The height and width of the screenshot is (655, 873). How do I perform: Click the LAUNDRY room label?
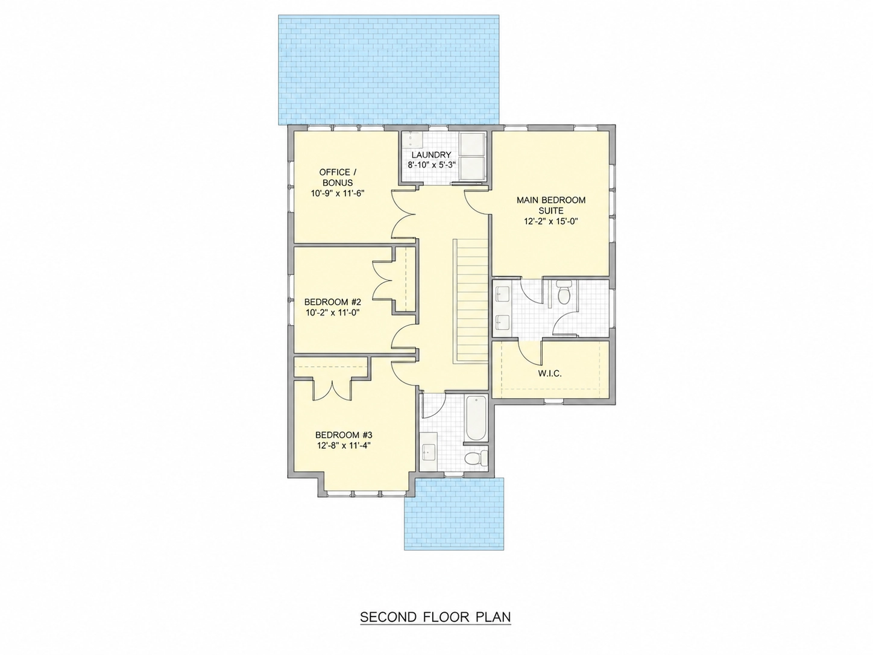431,154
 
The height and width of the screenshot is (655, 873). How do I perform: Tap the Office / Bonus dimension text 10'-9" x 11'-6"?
338,193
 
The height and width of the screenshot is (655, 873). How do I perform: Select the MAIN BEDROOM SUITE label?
551,205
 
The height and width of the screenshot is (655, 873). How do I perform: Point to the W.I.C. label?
550,373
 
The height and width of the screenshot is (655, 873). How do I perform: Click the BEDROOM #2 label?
332,302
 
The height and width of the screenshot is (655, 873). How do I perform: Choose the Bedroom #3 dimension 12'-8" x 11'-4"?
344,446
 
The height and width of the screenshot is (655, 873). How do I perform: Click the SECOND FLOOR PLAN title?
435,617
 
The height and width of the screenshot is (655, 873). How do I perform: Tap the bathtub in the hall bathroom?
476,417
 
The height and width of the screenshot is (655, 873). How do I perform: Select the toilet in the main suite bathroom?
564,293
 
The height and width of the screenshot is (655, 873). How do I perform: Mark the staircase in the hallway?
470,300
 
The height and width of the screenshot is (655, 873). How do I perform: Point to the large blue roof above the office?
389,69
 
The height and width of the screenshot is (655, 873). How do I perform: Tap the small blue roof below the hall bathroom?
454,514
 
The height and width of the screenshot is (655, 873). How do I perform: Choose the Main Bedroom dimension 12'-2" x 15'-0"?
551,221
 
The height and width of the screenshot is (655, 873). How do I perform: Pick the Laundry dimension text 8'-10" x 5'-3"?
432,165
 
